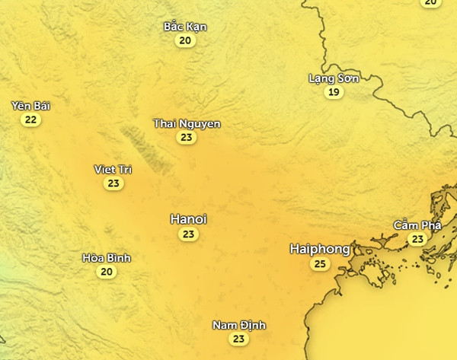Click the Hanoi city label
188,219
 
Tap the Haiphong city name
320,249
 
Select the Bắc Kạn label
185,27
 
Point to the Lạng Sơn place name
333,78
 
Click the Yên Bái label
31,106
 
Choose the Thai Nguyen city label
187,123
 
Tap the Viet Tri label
113,169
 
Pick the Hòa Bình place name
107,258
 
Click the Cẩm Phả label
417,225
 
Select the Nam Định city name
239,325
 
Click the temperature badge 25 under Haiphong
320,264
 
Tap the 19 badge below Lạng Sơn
333,92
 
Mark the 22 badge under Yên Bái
30,119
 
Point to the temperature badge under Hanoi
188,234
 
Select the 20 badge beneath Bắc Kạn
185,40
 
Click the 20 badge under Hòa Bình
107,272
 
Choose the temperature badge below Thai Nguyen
186,138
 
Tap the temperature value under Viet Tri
113,183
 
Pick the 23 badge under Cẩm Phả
417,239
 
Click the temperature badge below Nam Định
239,339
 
